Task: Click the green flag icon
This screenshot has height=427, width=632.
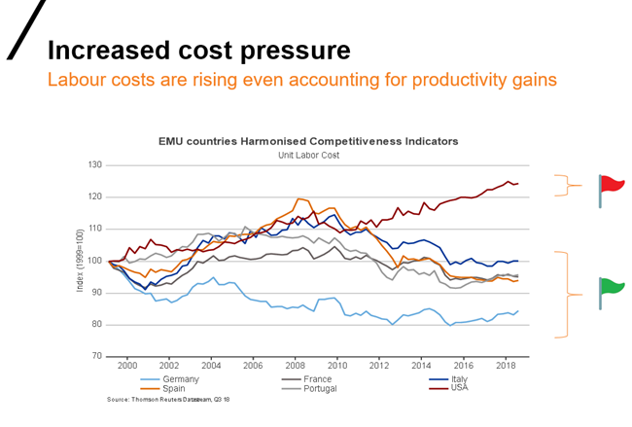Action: (611, 287)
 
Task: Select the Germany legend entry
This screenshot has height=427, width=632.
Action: (181, 378)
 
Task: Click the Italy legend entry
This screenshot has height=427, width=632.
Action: (460, 378)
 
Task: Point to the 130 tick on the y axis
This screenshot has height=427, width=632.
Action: (94, 165)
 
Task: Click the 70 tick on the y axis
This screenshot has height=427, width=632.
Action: (96, 356)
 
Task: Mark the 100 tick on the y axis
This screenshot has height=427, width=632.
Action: (94, 261)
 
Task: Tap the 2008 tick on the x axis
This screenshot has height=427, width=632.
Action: (295, 365)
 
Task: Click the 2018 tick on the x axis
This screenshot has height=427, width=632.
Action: (506, 365)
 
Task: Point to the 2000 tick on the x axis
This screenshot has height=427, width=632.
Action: (126, 365)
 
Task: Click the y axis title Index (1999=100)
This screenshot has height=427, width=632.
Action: (82, 261)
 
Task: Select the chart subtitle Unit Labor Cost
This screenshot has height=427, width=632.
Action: (308, 154)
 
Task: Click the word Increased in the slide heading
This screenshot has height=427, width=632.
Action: (104, 50)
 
